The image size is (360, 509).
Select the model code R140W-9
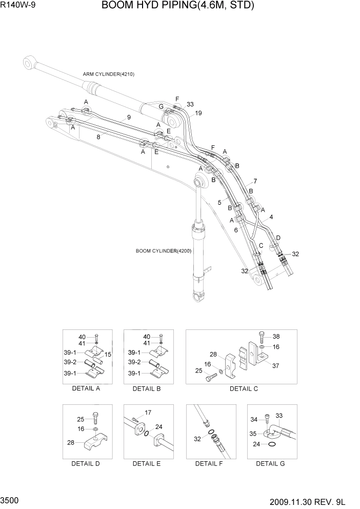[18, 6]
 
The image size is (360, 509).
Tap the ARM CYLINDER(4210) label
[108, 74]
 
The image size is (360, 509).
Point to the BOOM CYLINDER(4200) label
[163, 251]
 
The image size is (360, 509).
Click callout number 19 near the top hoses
[198, 113]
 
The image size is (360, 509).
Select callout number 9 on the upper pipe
[129, 118]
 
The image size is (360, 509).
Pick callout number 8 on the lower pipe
[98, 136]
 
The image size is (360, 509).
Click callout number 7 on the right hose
[255, 181]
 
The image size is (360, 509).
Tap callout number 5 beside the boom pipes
[219, 203]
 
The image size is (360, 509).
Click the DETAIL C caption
[244, 389]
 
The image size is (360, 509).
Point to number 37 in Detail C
[276, 365]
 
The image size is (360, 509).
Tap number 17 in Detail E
[148, 412]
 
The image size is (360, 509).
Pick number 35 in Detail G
[253, 434]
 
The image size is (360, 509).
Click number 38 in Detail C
[276, 337]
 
